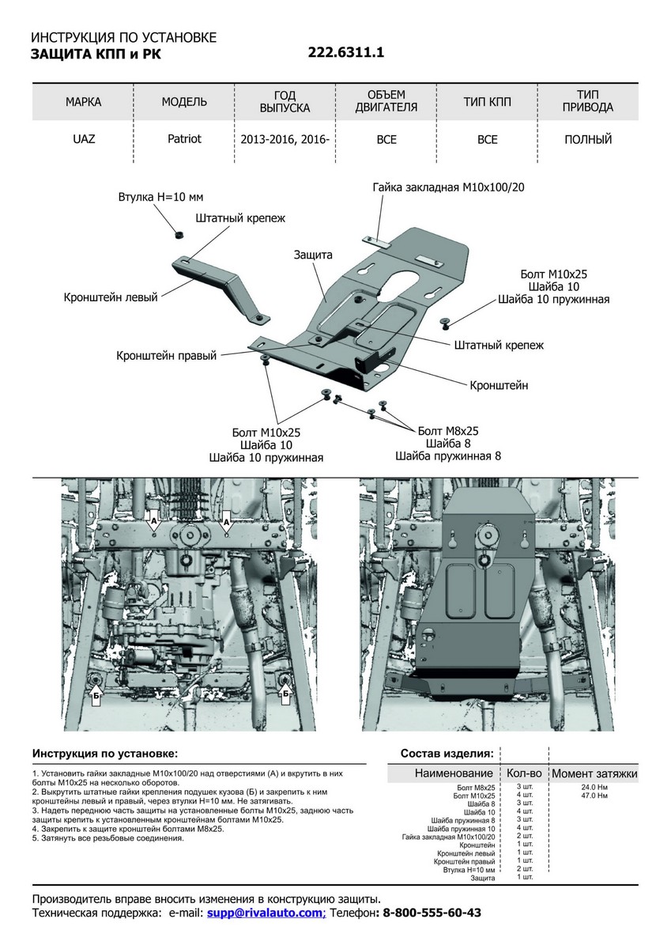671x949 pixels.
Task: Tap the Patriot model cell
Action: click(x=184, y=139)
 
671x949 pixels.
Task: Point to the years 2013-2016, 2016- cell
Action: click(x=285, y=140)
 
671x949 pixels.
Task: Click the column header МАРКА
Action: click(x=83, y=102)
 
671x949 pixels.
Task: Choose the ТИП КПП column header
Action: click(x=487, y=102)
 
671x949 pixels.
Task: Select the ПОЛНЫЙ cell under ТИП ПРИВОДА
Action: click(x=588, y=140)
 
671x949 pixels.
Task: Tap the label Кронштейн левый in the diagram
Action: click(x=111, y=297)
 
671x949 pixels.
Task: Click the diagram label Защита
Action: click(x=313, y=255)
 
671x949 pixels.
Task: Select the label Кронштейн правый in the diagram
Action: click(x=166, y=357)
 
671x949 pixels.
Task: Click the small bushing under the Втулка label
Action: click(x=179, y=233)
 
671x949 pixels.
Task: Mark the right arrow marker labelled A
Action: click(x=226, y=523)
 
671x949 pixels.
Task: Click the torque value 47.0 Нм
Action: click(x=594, y=796)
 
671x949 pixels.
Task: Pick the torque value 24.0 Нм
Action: click(x=594, y=788)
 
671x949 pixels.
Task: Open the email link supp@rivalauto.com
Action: click(x=265, y=913)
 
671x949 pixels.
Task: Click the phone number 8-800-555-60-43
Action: click(x=432, y=913)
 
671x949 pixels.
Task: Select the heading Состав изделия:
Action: click(x=447, y=753)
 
